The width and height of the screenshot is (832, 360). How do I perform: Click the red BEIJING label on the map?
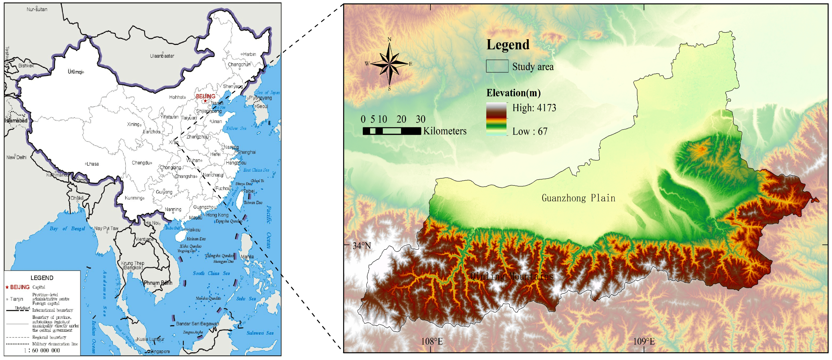(x=206, y=96)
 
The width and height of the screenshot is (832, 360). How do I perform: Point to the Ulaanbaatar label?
(x=162, y=56)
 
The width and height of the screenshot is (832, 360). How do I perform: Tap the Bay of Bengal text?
(x=67, y=229)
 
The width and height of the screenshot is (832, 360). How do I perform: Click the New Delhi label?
(x=17, y=157)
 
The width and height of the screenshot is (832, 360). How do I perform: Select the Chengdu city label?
(x=141, y=163)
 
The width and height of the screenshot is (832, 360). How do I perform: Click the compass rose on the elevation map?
(x=389, y=64)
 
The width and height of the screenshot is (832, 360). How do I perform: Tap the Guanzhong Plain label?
(x=578, y=198)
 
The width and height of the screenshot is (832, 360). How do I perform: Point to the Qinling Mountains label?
(x=512, y=276)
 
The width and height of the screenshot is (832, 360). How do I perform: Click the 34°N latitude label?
(x=362, y=246)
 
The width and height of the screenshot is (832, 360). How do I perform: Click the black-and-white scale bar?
(x=392, y=131)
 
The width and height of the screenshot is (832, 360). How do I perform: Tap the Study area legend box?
(x=497, y=66)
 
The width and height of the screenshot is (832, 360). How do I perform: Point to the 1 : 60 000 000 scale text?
(x=42, y=350)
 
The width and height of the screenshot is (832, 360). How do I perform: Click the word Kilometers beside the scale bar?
(x=445, y=131)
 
